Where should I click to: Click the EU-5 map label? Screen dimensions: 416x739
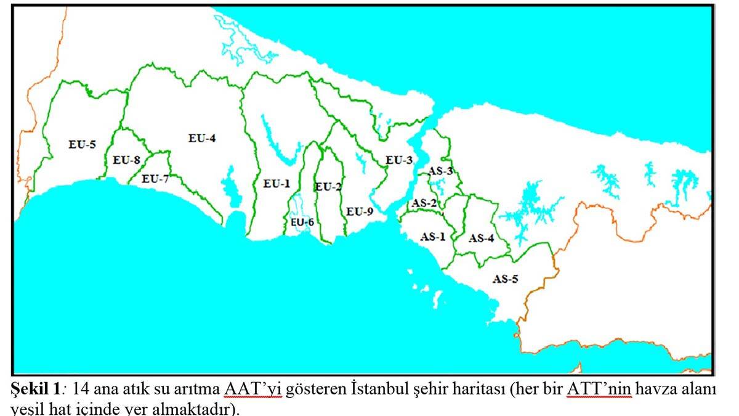click(x=82, y=145)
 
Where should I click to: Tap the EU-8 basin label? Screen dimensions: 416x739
click(x=127, y=160)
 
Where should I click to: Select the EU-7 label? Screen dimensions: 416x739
click(x=155, y=179)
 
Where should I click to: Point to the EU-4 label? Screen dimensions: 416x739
click(x=202, y=138)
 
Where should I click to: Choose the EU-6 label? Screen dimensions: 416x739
click(x=303, y=222)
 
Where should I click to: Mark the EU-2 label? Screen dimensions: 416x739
click(x=328, y=187)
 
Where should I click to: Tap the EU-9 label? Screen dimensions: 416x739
click(x=360, y=211)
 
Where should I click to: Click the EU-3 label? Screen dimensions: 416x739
click(x=399, y=160)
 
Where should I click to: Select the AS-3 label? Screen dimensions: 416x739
click(x=441, y=171)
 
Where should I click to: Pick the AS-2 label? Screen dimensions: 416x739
click(x=424, y=203)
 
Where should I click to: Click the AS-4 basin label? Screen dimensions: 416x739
click(x=482, y=238)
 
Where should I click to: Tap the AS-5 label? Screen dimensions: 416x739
click(x=506, y=279)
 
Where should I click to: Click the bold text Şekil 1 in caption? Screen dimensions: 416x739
click(x=37, y=391)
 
